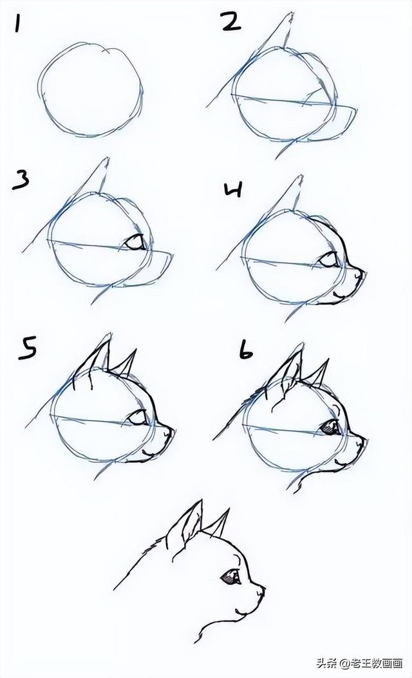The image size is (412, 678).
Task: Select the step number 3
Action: [21, 180]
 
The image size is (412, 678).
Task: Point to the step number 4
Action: [233, 189]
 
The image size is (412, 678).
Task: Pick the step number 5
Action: [26, 350]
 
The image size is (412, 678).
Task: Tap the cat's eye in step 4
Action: [330, 260]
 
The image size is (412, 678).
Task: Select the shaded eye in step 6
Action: [330, 427]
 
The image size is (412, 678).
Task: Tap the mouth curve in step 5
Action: [147, 453]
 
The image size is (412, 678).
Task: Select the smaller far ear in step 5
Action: [126, 363]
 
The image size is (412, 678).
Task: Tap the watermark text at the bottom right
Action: [360, 663]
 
